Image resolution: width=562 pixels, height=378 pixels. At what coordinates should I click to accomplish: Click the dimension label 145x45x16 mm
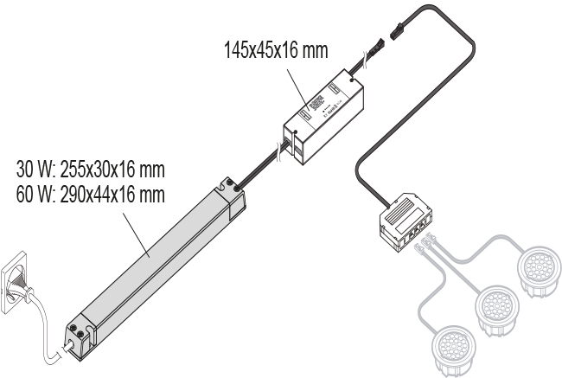276,50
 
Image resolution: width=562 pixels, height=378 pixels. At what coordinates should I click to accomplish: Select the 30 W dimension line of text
90,170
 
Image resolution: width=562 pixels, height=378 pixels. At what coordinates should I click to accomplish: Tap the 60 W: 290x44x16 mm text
90,195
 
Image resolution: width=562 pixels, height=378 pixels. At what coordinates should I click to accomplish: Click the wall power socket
15,284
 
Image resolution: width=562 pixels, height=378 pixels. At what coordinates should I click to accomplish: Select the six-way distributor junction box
405,222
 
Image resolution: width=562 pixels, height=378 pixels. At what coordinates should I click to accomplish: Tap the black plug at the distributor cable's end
396,30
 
